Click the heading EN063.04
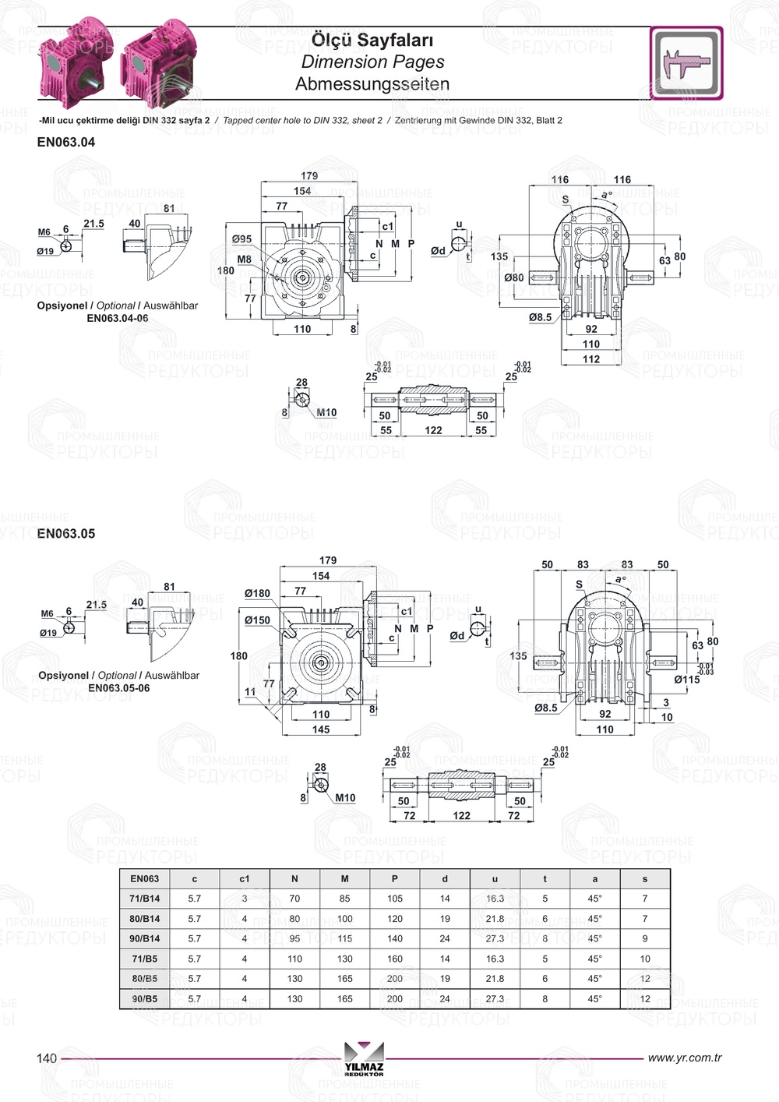click(66, 143)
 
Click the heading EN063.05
click(66, 534)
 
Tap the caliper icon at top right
click(686, 63)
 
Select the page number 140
click(47, 1058)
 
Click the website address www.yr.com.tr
click(685, 1058)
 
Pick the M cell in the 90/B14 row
click(344, 939)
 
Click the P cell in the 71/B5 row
click(395, 959)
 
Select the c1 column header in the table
click(245, 879)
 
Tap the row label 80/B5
click(145, 979)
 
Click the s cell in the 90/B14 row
click(645, 939)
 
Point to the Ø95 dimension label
click(241, 239)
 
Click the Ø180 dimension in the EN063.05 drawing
click(257, 593)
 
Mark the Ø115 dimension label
click(686, 680)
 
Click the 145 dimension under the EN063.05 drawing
click(321, 730)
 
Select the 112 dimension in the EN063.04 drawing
click(591, 359)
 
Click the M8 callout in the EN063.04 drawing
click(245, 260)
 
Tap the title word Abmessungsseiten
click(372, 84)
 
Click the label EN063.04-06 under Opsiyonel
click(117, 318)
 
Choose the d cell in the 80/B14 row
click(445, 919)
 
